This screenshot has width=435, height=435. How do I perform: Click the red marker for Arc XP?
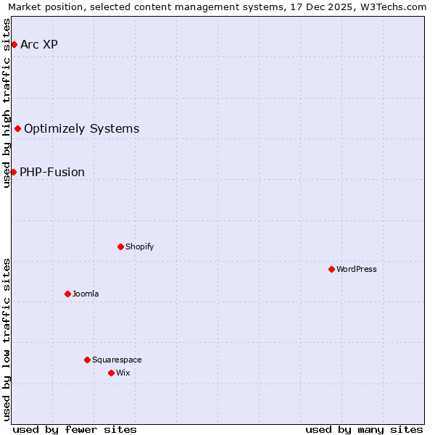point(14,45)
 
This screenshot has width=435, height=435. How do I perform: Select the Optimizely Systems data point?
point(17,129)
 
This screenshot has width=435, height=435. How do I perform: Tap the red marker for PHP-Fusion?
point(13,172)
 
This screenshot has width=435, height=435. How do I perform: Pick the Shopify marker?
point(120,246)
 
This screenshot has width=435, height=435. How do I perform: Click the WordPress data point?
point(331,269)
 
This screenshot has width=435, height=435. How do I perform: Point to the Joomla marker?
point(67,294)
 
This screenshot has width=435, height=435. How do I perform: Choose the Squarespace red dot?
point(87,360)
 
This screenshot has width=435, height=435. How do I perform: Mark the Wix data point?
point(111,373)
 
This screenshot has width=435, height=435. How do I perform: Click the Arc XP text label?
point(39,45)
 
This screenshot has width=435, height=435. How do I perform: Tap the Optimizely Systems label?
point(81,129)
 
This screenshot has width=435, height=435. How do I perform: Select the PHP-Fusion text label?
point(52,173)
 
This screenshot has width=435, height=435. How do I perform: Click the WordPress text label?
point(357,269)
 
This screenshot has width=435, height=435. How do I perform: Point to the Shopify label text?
point(140,246)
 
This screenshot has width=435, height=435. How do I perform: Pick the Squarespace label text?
point(117,360)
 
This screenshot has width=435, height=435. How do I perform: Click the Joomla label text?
point(86,294)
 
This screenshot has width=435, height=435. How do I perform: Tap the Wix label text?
point(123,373)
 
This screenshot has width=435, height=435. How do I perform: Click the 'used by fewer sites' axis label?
point(75,429)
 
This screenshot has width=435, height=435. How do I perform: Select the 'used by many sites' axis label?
point(364,429)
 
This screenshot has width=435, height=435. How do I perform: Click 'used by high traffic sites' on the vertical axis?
point(7,103)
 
